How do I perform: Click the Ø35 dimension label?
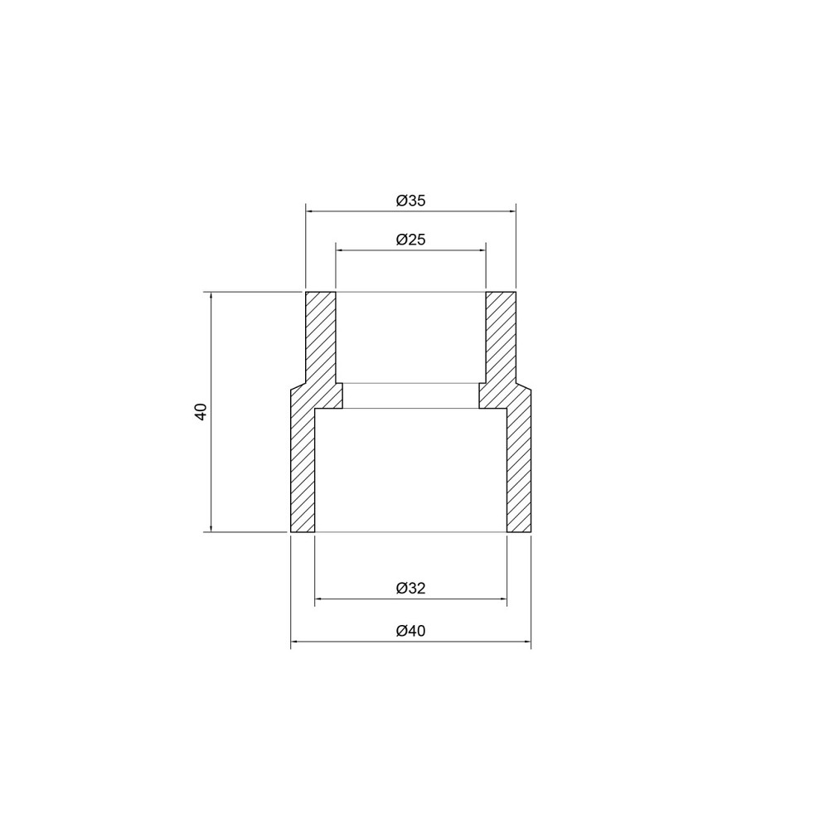pos(411,201)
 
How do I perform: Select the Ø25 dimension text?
pos(411,240)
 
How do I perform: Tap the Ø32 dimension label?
pos(411,589)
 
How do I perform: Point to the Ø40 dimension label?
pos(411,631)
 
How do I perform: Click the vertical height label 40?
pos(201,411)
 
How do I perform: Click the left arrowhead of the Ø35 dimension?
pos(310,211)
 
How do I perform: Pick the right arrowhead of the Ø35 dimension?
pos(511,211)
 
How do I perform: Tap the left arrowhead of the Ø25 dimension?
pos(340,250)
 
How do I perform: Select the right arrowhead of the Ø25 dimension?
pos(482,250)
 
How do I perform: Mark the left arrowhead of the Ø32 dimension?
pos(319,599)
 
